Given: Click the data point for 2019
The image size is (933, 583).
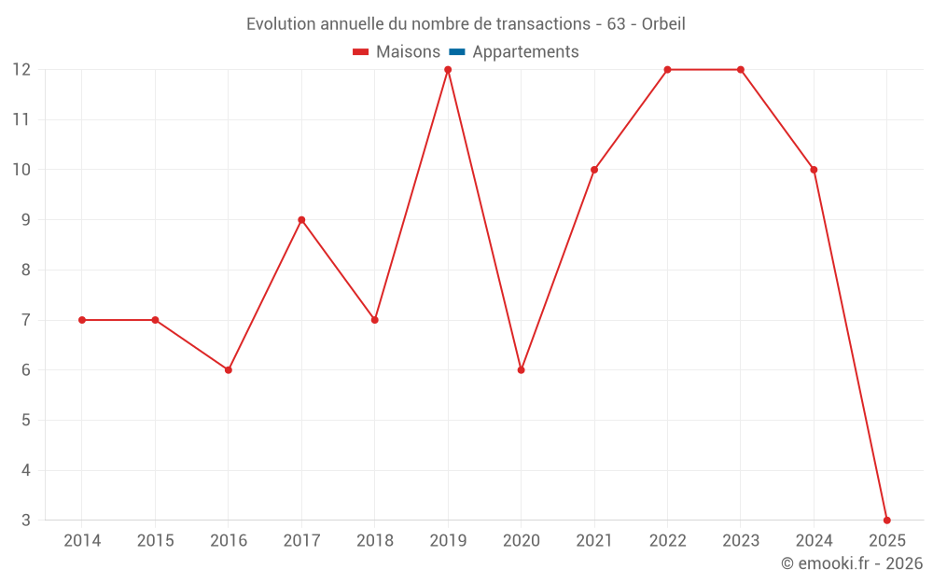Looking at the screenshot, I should [448, 70].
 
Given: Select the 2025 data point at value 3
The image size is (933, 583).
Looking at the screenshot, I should [886, 520].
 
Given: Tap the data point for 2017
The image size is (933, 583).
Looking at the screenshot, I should [301, 220].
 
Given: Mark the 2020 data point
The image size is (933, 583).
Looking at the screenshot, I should [521, 370].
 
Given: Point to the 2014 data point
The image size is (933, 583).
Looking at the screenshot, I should [82, 320].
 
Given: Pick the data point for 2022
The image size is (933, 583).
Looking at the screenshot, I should [667, 70].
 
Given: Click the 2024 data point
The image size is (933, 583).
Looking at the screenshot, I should [814, 170].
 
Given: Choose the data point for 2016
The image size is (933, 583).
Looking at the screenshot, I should [229, 370].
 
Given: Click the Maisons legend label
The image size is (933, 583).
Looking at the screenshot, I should [408, 52].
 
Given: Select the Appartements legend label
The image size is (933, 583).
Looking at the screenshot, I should [525, 52].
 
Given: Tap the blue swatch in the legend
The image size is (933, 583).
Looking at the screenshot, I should [457, 52].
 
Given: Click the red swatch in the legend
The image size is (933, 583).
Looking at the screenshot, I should [361, 52].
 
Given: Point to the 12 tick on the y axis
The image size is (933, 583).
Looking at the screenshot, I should [21, 70].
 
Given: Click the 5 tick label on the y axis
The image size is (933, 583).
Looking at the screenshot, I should [25, 420].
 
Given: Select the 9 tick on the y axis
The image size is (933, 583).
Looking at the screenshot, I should [25, 220].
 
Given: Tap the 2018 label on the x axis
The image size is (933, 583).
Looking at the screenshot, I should [375, 541].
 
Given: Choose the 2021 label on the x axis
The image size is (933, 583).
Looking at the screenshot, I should [594, 541].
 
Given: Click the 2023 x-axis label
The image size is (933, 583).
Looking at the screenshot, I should [741, 541].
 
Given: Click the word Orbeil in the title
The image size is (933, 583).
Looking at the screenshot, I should [663, 24].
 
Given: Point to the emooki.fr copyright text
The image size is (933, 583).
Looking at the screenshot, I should [852, 563].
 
